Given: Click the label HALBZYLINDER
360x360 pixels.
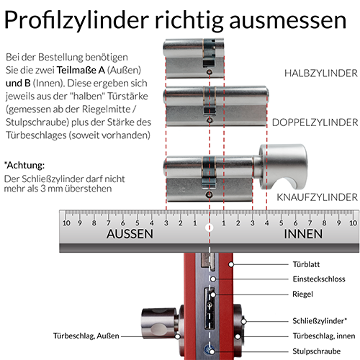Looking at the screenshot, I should tap(320, 73).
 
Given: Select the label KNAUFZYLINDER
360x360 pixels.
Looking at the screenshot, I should tap(318, 196).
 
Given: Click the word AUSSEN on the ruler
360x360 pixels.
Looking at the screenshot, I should tap(130, 235).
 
